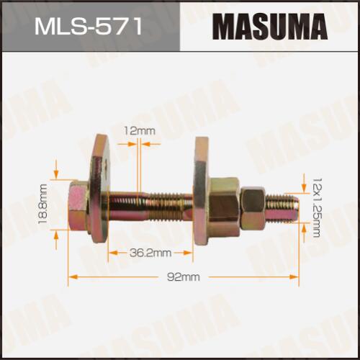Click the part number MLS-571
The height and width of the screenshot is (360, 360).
pyautogui.click(x=89, y=27)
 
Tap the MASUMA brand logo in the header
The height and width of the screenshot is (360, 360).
pyautogui.click(x=270, y=27)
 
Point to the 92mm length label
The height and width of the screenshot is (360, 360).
pyautogui.click(x=184, y=277)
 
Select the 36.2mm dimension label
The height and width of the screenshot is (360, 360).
pyautogui.click(x=150, y=253)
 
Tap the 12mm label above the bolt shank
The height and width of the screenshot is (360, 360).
pyautogui.click(x=140, y=131)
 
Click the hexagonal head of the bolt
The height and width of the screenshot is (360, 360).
pyautogui.click(x=78, y=207)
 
